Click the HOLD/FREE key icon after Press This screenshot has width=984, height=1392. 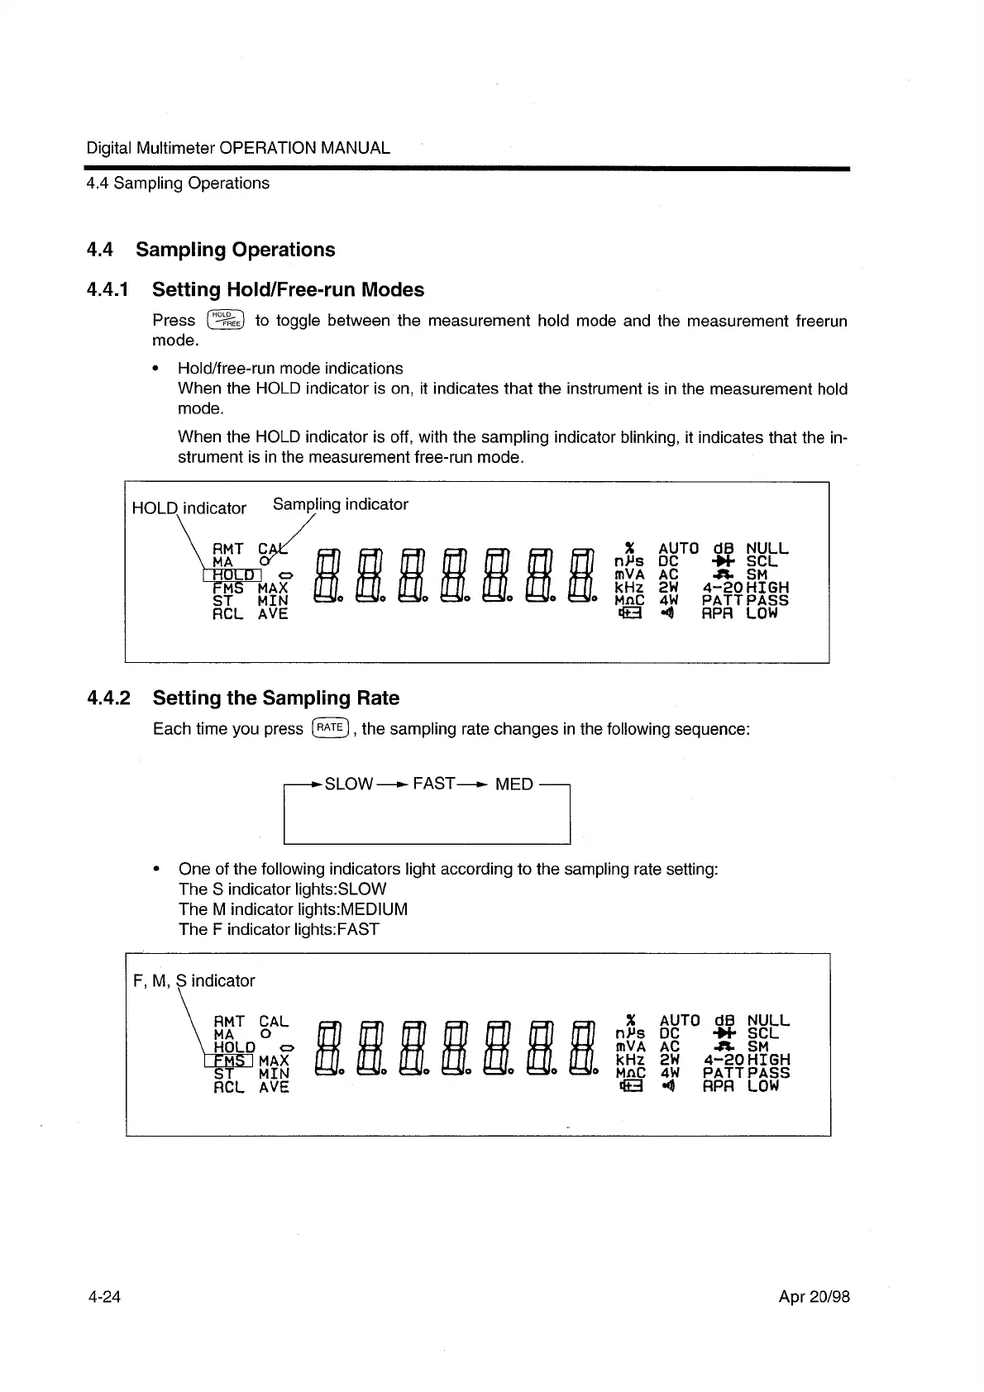point(226,320)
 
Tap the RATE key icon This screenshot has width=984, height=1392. point(330,727)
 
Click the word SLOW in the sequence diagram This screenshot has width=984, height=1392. point(348,784)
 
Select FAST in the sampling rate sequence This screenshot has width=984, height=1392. point(434,783)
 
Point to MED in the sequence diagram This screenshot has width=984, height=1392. point(513,784)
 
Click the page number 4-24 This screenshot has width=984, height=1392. point(104,1296)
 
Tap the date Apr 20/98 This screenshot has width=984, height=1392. point(814,1296)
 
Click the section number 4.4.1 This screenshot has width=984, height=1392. point(107,290)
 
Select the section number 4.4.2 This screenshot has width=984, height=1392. point(108,698)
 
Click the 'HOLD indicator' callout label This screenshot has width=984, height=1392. point(189,508)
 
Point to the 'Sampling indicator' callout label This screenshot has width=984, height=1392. point(340,504)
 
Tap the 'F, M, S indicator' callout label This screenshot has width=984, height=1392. point(193,980)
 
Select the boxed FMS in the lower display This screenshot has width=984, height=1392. point(228,1060)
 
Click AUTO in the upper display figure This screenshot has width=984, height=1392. point(679,548)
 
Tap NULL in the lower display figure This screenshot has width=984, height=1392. point(768,1021)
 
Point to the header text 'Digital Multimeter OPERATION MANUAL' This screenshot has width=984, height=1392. point(238,148)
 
